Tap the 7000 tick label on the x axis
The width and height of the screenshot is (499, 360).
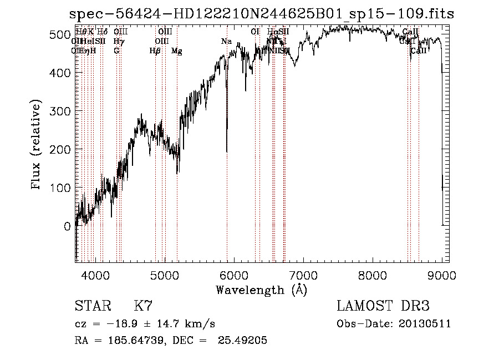tap(303, 274)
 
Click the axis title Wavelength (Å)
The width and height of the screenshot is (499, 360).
tap(261, 290)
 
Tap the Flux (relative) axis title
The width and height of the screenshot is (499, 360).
tap(37, 146)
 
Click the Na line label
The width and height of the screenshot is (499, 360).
tap(226, 42)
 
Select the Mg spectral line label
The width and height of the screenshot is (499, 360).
tap(176, 51)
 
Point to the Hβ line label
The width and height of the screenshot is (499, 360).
tap(155, 51)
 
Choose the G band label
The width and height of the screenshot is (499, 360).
tap(116, 51)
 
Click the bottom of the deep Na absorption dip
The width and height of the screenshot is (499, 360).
tap(227, 151)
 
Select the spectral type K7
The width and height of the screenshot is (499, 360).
tap(144, 306)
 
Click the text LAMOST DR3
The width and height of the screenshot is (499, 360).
tap(383, 306)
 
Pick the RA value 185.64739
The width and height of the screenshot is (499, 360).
tap(135, 341)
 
